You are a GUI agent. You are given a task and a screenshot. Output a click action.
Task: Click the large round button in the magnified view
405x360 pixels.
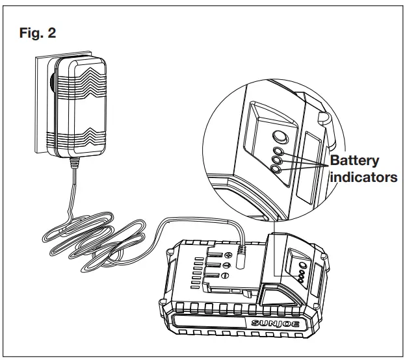[x=280, y=137]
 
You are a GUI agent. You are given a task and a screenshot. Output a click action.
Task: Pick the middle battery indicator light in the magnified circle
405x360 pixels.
[x=276, y=160]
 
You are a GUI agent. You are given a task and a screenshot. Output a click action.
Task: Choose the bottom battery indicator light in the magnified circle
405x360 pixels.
[x=276, y=168]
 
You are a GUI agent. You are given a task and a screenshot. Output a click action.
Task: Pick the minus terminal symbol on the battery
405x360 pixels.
[x=226, y=266]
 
